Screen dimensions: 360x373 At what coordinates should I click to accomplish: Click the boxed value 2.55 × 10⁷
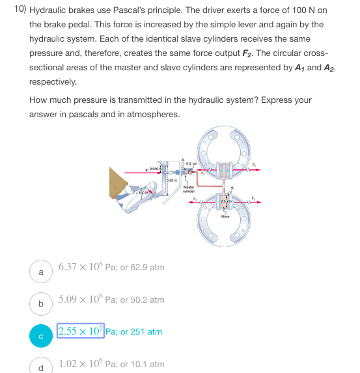80,331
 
